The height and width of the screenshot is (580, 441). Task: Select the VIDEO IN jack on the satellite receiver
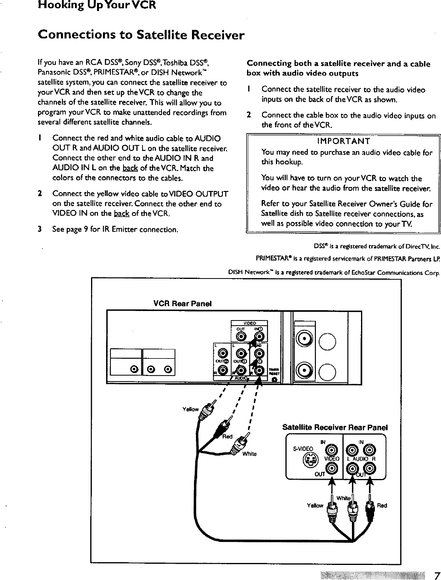coord(332,450)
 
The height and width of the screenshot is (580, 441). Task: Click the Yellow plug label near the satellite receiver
coord(315,506)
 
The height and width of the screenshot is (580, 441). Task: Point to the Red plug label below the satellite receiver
coord(382,506)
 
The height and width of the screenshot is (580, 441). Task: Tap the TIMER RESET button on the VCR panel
coord(274,380)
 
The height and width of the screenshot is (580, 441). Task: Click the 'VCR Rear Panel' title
coord(182,303)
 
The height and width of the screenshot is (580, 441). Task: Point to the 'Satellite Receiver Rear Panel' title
coord(335,427)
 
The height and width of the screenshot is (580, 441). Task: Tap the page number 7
coord(435,575)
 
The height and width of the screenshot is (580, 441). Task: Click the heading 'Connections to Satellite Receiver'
coord(141,35)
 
